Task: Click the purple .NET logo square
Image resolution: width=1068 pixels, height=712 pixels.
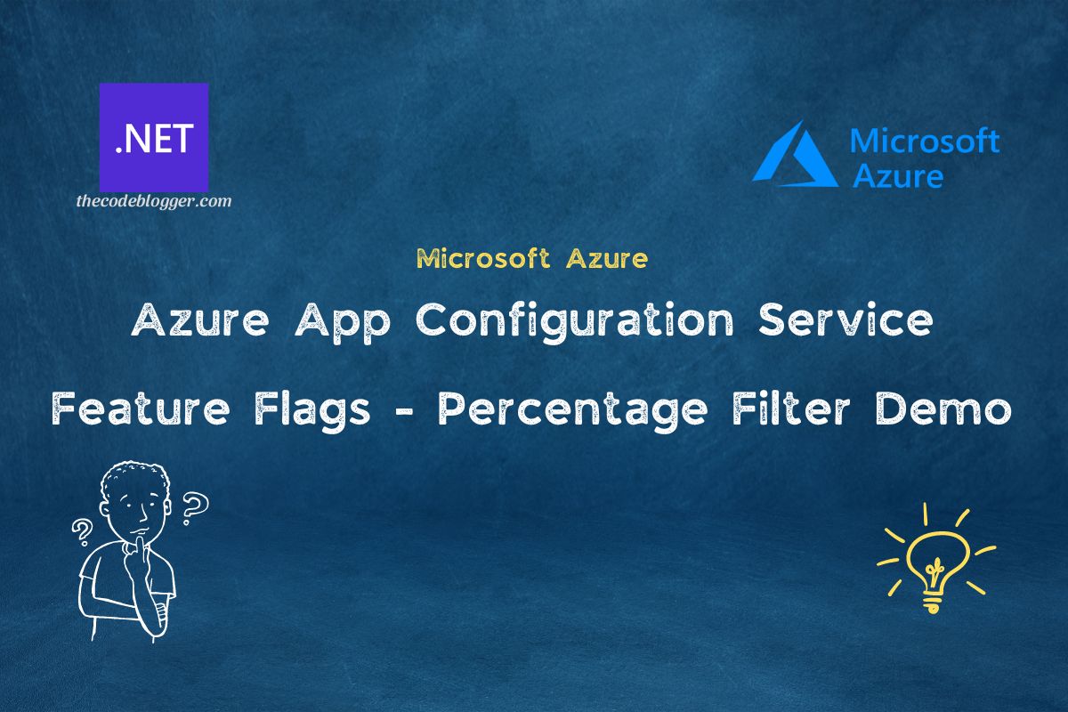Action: coord(153,137)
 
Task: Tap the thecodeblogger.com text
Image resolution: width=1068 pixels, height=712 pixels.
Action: coord(153,201)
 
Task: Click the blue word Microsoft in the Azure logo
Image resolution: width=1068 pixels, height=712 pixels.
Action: coord(925,141)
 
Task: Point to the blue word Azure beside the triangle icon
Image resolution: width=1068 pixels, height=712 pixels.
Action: coord(898,174)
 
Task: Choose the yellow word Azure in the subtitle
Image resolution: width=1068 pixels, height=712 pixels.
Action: coord(606,259)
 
